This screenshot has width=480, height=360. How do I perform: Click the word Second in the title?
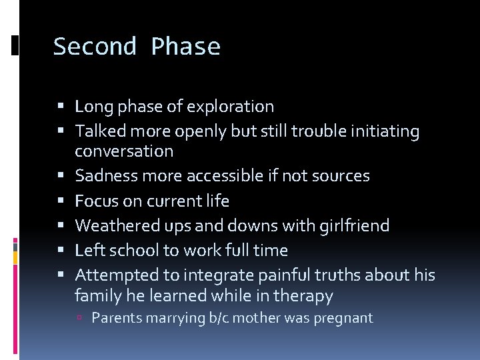point(95,47)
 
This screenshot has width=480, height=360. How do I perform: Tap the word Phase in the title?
point(185,47)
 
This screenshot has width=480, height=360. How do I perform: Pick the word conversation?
point(124,151)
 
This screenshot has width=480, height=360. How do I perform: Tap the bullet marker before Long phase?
point(61,107)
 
